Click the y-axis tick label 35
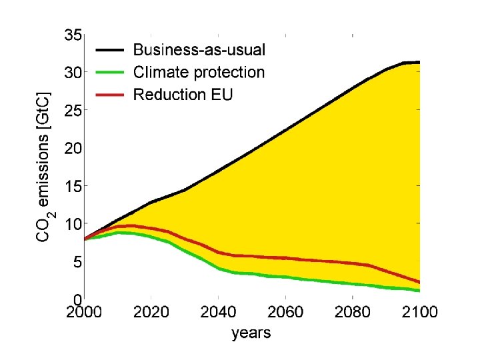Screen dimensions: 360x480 73,35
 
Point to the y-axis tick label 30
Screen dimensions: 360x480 73,73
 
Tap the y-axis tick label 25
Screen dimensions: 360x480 73,111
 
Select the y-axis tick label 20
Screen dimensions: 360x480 73,148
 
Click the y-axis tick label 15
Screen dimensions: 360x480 73,186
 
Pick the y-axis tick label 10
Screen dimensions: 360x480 73,224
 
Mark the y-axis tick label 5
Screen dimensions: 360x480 77,262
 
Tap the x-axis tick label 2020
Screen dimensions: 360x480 152,313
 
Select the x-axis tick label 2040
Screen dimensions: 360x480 219,313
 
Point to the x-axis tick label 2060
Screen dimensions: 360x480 285,313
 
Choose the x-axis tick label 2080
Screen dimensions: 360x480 352,313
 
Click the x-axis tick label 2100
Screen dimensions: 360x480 419,313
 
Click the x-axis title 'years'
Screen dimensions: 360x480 251,333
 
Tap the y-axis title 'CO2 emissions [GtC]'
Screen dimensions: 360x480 44,167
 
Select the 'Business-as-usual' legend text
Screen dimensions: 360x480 199,49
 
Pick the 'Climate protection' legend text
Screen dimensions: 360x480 199,72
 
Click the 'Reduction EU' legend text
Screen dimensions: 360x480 183,94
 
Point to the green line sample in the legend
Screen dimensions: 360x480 111,72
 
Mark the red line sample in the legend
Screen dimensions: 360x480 111,94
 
